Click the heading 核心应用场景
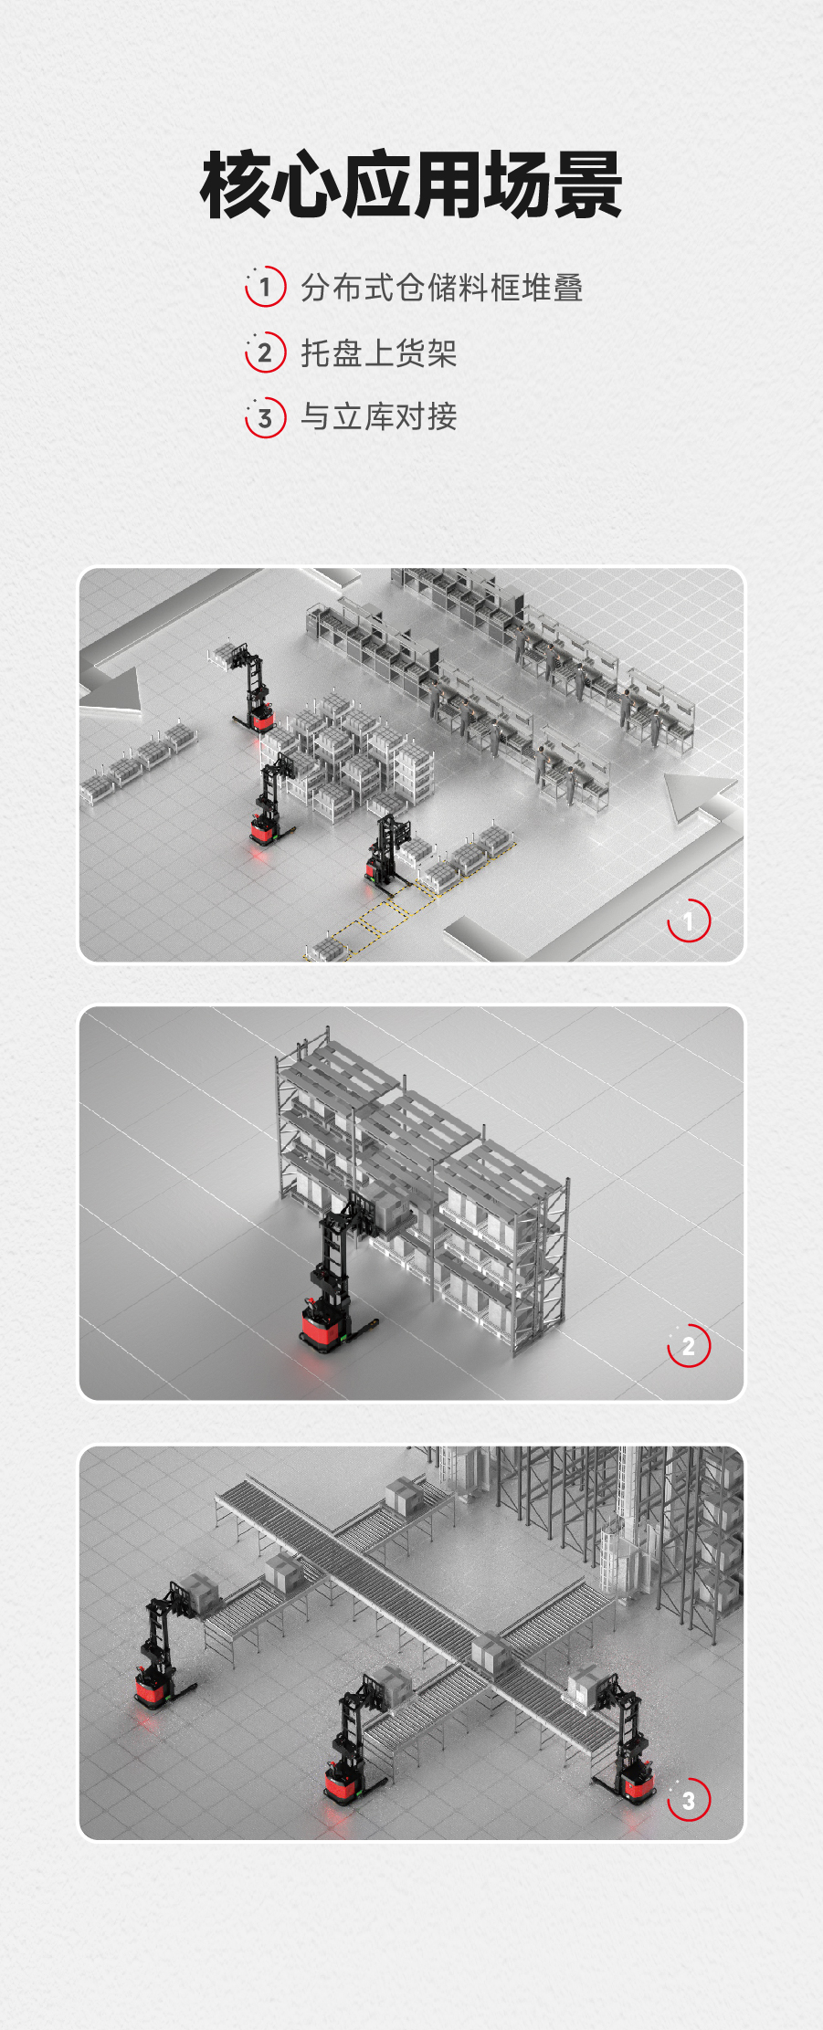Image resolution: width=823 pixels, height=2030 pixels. pyautogui.click(x=411, y=186)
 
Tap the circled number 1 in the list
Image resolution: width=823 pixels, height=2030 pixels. pyautogui.click(x=265, y=287)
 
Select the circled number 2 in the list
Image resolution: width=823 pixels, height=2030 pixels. pyautogui.click(x=265, y=352)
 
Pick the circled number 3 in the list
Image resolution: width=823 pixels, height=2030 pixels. pyautogui.click(x=265, y=417)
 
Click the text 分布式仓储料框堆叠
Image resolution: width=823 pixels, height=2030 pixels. pyautogui.click(x=442, y=288)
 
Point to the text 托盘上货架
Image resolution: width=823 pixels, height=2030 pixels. pyautogui.click(x=379, y=352)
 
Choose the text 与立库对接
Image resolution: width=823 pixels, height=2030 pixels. pyautogui.click(x=379, y=417)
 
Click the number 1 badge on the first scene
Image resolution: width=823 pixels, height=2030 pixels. pyautogui.click(x=689, y=920)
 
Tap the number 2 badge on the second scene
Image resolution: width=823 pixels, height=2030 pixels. pyautogui.click(x=689, y=1345)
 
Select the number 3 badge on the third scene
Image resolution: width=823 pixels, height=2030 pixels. pyautogui.click(x=689, y=1799)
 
